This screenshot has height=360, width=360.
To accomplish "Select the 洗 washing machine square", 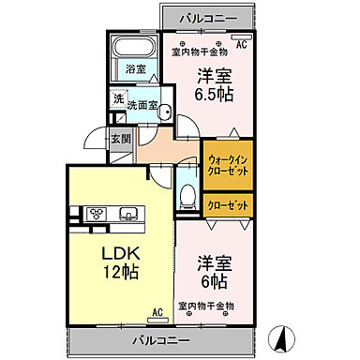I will [118, 99].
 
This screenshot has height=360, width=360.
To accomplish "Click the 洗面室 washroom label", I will [142, 105].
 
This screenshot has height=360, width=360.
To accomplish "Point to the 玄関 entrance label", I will [121, 139].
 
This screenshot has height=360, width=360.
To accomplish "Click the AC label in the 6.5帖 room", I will [241, 44].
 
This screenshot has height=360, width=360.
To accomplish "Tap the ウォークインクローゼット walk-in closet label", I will [226, 165].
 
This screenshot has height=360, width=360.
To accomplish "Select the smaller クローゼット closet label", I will [226, 204].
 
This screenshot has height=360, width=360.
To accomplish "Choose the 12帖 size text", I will [121, 272].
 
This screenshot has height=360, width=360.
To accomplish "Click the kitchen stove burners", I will [97, 214].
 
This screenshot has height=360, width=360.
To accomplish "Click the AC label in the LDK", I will [157, 312].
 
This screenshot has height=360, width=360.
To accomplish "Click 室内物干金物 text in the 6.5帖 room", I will [199, 52].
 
